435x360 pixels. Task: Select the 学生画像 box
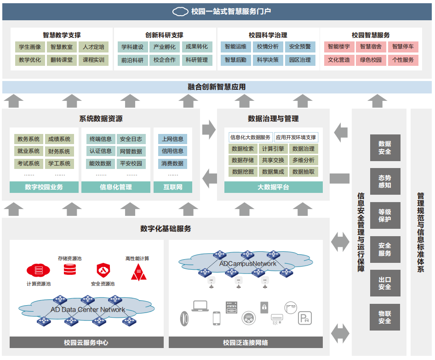(x=30, y=47)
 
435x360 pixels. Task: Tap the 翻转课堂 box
(x=62, y=60)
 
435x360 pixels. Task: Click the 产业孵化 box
(x=164, y=47)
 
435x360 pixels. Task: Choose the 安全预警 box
(x=300, y=47)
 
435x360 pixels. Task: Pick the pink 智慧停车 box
(x=403, y=47)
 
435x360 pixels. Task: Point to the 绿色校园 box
(x=371, y=60)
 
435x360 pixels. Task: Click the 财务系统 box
(x=59, y=151)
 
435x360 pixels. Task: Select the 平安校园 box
(x=131, y=163)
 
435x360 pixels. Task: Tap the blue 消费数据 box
(x=172, y=163)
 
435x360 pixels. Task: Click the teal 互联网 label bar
(x=172, y=187)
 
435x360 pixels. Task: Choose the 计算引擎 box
(x=273, y=149)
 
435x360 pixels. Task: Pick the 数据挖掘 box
(x=243, y=172)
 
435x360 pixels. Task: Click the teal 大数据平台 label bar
(x=273, y=187)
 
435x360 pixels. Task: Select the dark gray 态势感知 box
(x=384, y=181)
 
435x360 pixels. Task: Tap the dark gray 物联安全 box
(x=384, y=317)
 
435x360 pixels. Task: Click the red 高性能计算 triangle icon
(x=138, y=273)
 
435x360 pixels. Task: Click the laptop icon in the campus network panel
(x=200, y=306)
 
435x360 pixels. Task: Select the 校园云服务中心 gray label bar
(x=86, y=343)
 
